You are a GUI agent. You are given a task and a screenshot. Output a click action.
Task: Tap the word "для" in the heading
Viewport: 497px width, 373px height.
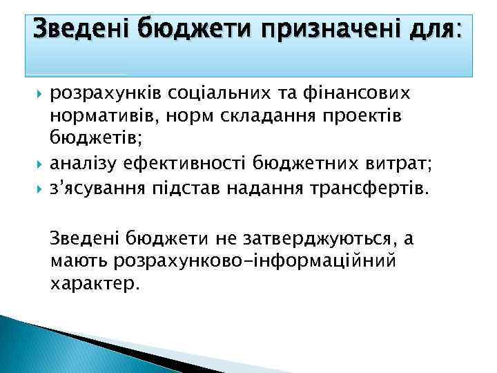tap(429, 28)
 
